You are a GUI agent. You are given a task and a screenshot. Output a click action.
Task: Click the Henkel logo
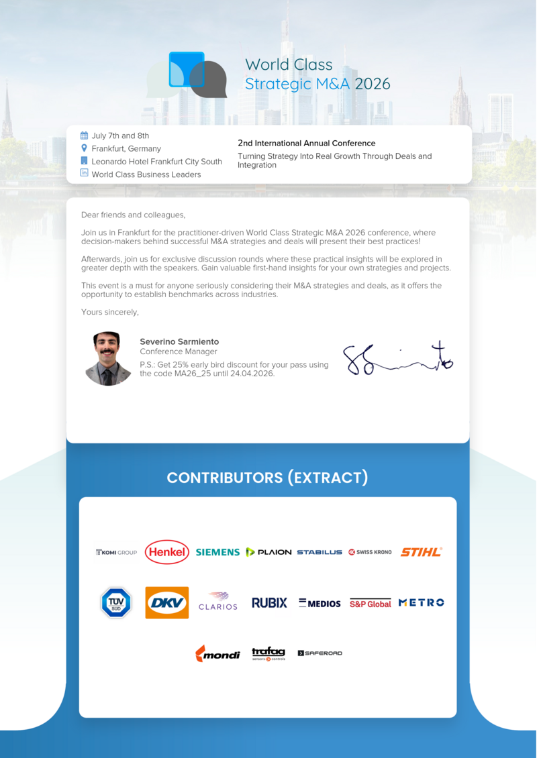tap(167, 552)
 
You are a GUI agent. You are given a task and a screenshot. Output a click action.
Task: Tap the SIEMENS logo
tap(217, 552)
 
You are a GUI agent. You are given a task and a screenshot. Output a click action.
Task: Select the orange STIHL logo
tap(421, 552)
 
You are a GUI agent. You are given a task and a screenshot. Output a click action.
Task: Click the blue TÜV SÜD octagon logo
tap(116, 602)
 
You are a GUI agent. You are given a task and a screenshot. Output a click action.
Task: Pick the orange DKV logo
tap(167, 602)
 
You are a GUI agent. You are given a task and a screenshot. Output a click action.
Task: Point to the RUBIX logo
tap(269, 603)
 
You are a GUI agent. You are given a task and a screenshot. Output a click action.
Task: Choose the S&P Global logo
tap(370, 604)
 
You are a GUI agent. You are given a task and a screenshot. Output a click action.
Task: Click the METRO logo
tap(421, 602)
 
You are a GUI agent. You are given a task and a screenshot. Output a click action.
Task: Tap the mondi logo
tap(217, 653)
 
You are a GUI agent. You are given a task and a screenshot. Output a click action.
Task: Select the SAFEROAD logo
tap(320, 653)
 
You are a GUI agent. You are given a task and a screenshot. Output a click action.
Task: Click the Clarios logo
tap(218, 601)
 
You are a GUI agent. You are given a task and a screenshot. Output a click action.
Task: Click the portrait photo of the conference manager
tap(107, 359)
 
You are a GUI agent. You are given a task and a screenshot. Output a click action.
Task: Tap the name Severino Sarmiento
tap(179, 341)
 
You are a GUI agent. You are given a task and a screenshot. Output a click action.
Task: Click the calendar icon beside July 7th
tap(84, 136)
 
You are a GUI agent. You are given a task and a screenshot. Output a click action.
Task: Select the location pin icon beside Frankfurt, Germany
tap(84, 148)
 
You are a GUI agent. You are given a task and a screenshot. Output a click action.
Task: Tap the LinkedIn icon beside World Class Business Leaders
tap(84, 173)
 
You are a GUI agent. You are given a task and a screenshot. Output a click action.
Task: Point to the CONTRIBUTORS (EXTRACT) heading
tap(267, 478)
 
